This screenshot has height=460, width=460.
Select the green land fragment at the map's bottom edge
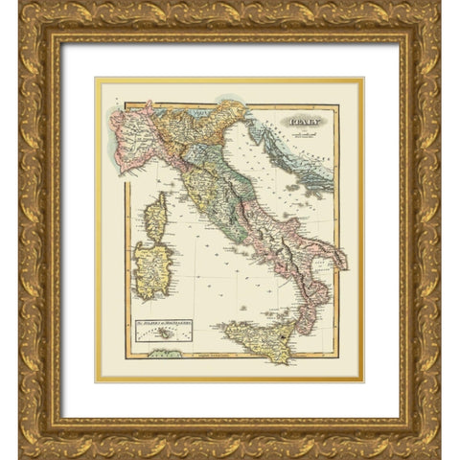click(168, 355)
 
